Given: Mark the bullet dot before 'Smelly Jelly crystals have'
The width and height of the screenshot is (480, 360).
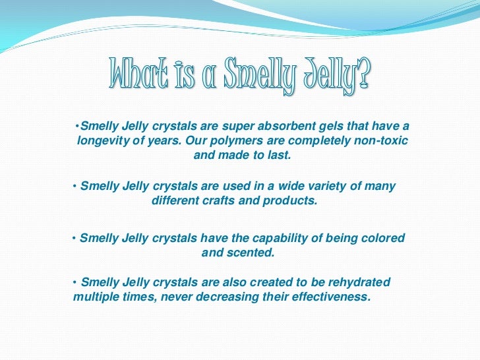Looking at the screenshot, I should (x=74, y=237).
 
